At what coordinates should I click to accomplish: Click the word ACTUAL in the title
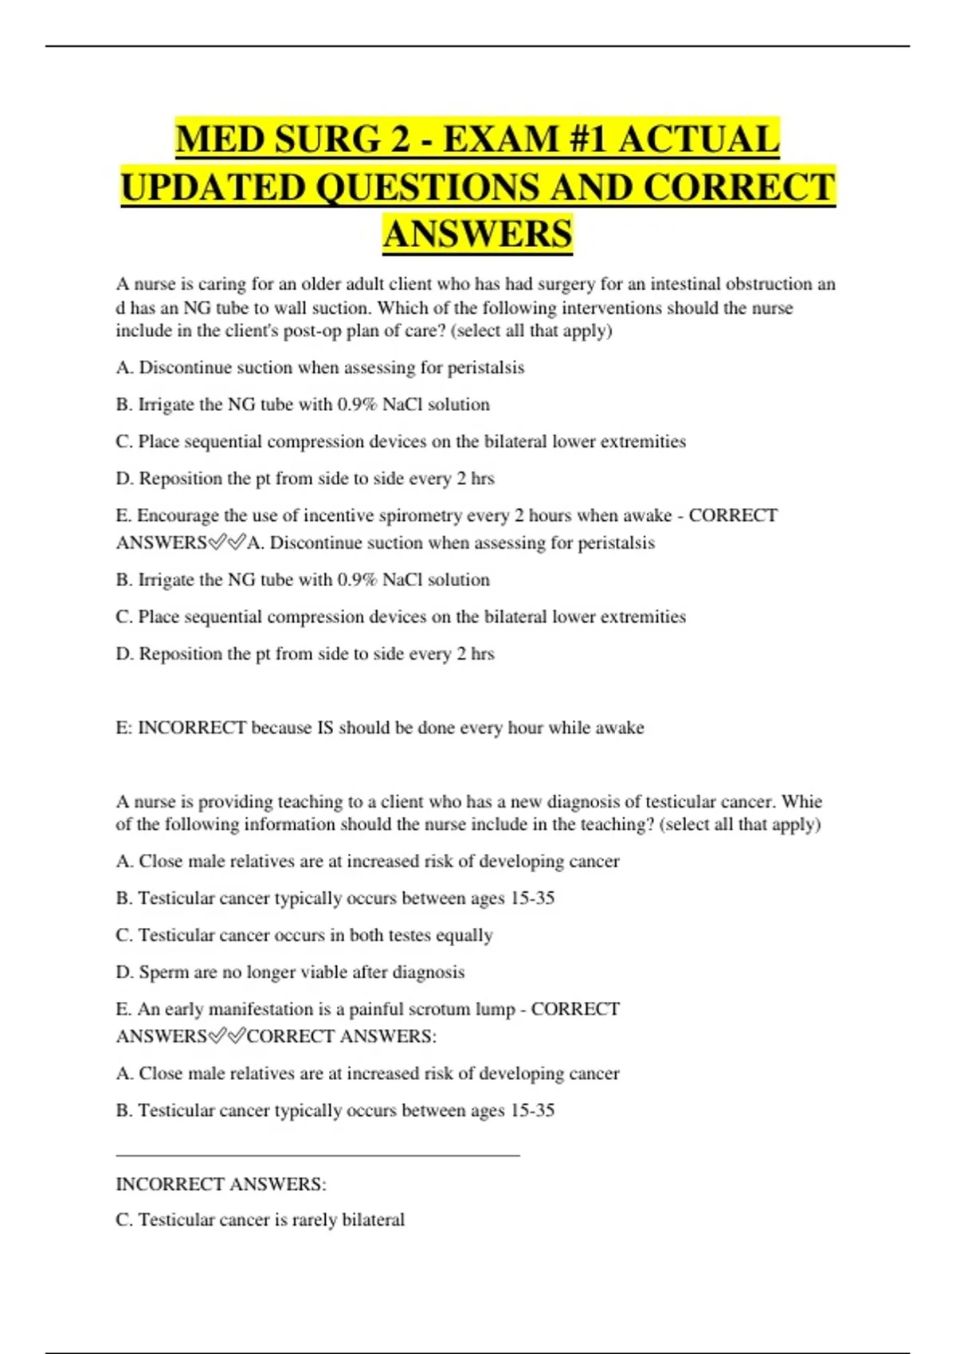[699, 139]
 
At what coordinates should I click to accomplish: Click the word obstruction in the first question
[769, 284]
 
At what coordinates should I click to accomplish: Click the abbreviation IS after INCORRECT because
[325, 727]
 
